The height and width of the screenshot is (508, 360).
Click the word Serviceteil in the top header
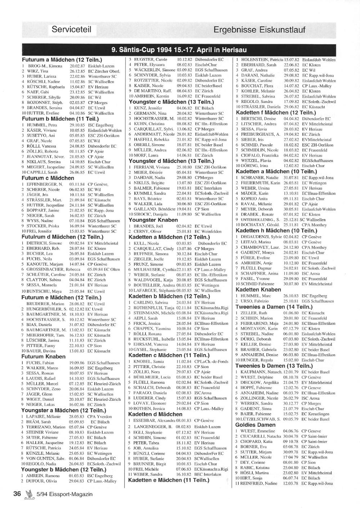click(71, 30)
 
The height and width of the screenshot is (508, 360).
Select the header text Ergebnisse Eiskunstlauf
click(259, 30)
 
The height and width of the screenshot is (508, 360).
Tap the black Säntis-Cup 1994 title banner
click(179, 50)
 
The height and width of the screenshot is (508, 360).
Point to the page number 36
click(17, 494)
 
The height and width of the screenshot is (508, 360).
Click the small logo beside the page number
click(29, 494)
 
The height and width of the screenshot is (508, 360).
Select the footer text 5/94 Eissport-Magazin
click(64, 494)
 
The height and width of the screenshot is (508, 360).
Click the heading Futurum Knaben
click(44, 357)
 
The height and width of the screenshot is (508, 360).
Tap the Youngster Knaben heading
click(153, 220)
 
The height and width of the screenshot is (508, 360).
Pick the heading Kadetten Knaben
click(258, 290)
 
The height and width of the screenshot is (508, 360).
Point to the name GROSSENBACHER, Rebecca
click(53, 269)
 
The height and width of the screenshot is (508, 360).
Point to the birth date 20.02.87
click(77, 66)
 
